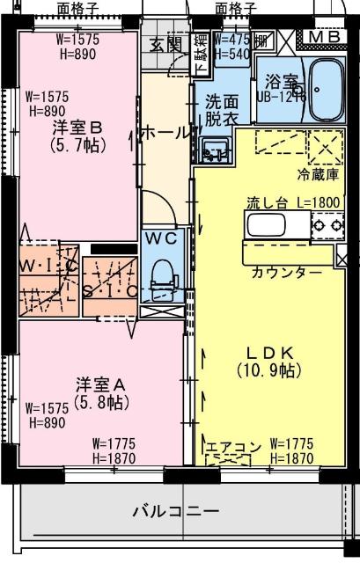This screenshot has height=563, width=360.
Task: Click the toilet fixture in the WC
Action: pos(162,274)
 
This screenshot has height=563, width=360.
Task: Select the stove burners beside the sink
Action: pos(323,226)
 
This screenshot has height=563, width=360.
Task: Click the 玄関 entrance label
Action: pos(165,43)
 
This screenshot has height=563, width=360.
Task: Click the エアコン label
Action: pos(233,448)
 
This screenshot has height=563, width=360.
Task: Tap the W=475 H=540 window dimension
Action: pos(231,47)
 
